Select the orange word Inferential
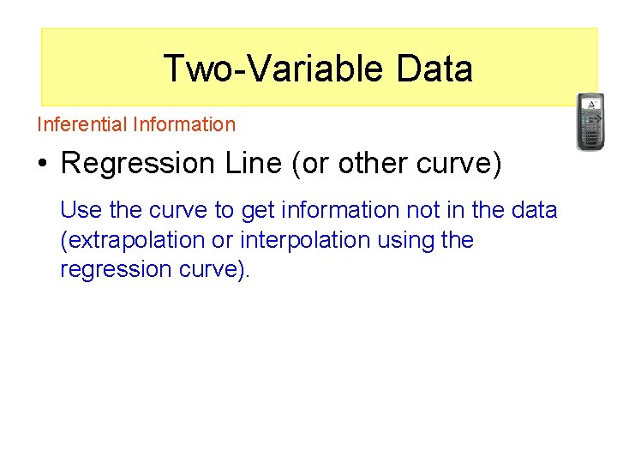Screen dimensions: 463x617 click(x=82, y=124)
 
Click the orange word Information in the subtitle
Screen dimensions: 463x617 click(x=184, y=124)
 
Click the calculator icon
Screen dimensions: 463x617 click(x=590, y=121)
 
